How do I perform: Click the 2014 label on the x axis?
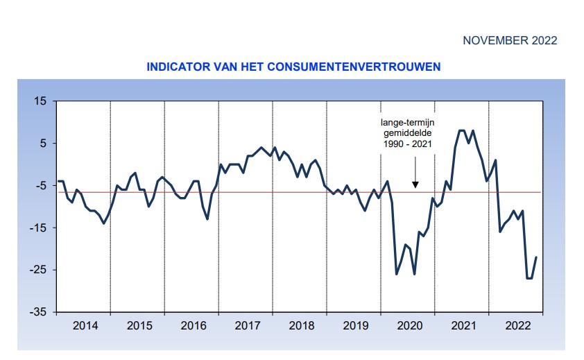pos(83,325)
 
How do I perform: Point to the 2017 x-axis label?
pos(246,325)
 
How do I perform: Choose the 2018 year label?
pos(300,325)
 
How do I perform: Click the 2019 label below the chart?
pos(354,325)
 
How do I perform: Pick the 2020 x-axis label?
pos(409,325)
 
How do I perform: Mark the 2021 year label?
pos(463,325)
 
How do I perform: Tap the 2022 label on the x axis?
pos(517,325)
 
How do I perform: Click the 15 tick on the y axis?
pos(40,101)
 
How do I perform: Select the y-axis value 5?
pos(43,144)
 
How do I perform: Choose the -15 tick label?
pos(38,228)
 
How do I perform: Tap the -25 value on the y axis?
pos(38,271)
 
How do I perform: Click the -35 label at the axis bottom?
pos(38,313)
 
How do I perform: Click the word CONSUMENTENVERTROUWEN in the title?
pos(352,67)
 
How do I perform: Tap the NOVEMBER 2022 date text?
pos(510,41)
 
